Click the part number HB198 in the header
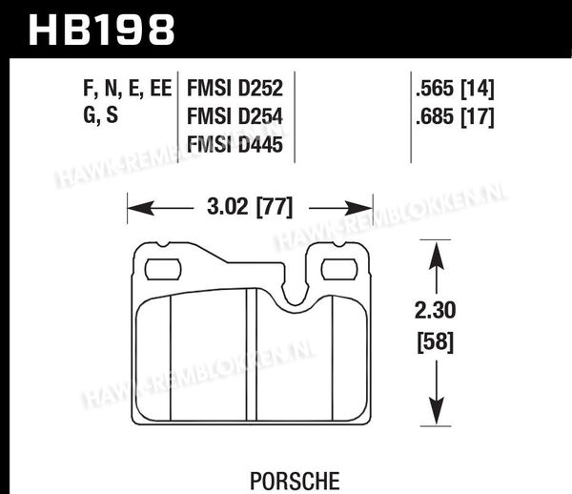[102, 30]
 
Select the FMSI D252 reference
[235, 89]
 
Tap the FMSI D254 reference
[235, 116]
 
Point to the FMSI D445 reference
[235, 144]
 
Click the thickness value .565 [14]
[455, 89]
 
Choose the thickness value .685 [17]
[455, 116]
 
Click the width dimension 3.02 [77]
[250, 207]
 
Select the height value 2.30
[436, 311]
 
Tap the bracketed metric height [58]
[436, 341]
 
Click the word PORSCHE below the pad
[295, 481]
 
